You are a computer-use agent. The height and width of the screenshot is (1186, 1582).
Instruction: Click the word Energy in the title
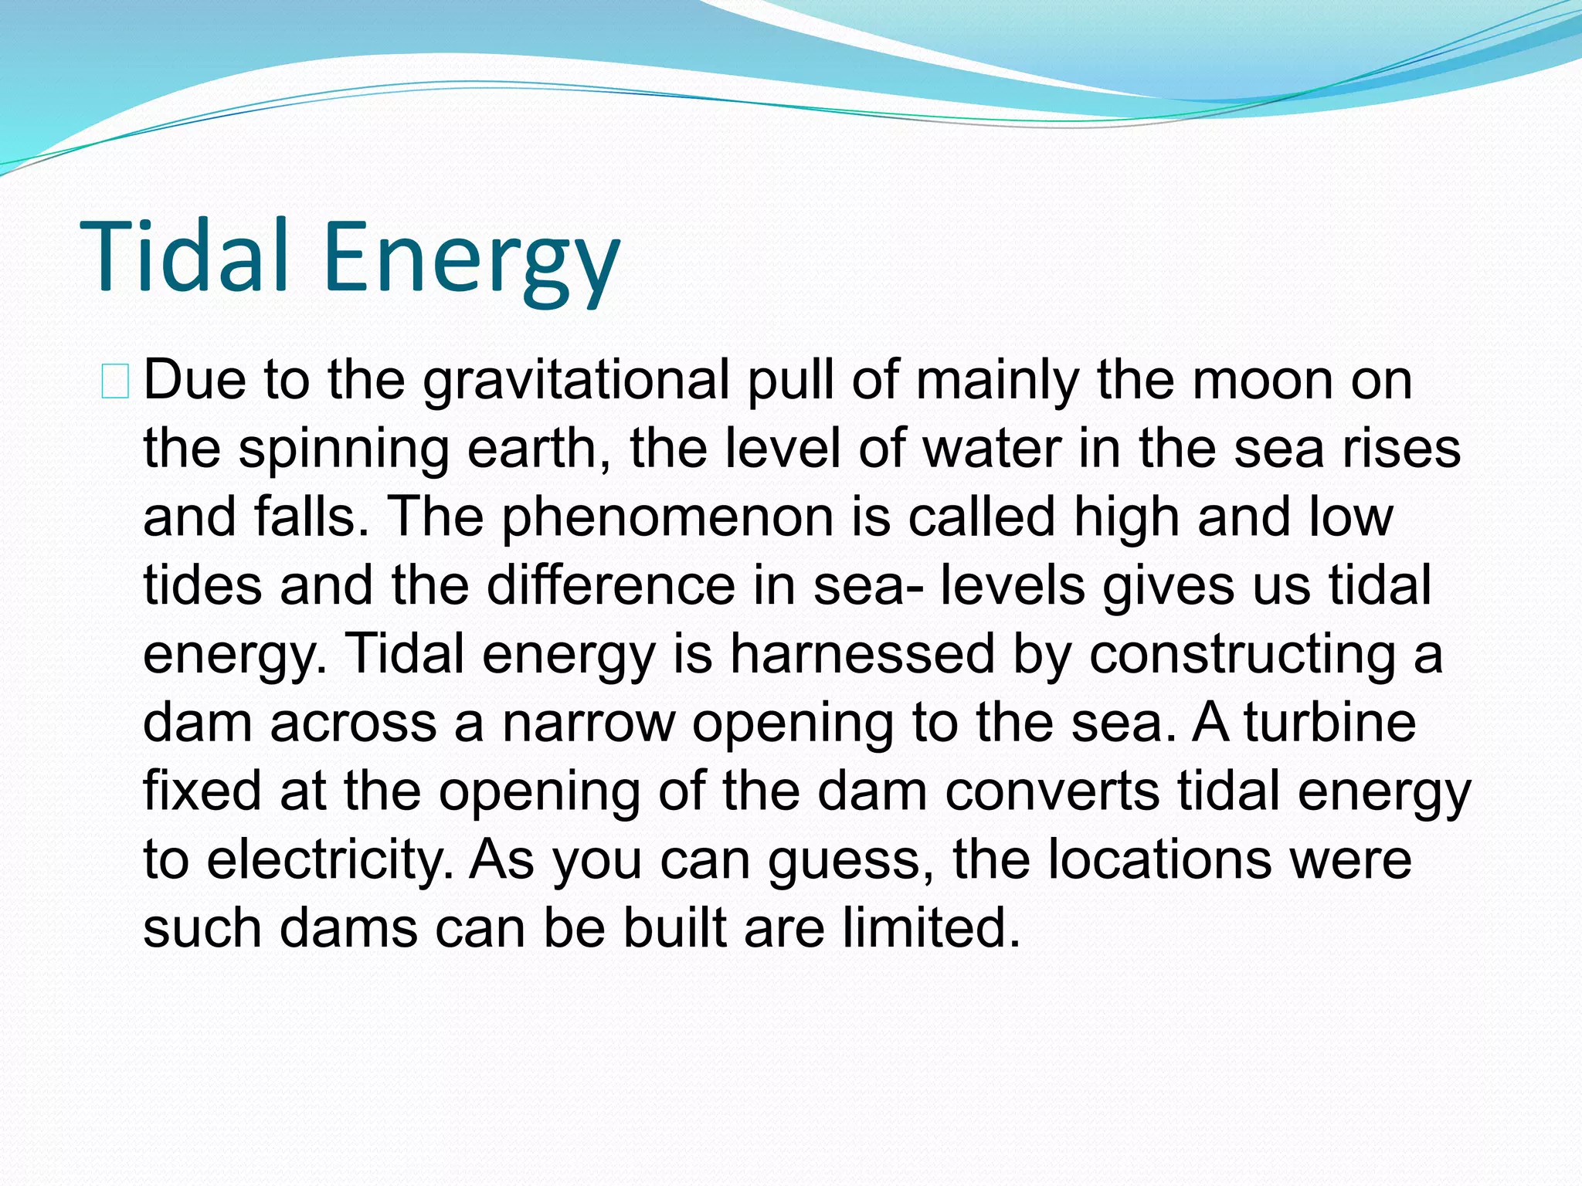[x=471, y=259]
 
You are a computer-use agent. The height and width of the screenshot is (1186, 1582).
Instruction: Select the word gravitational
[x=575, y=381]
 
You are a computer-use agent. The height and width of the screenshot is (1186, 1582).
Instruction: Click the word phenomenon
[x=667, y=517]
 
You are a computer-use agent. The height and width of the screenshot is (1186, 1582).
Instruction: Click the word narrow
[x=588, y=723]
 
